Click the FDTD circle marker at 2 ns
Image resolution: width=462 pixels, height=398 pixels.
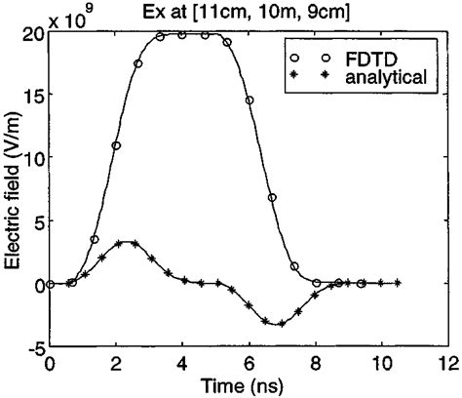[116, 145]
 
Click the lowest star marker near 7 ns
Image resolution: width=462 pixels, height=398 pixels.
[283, 323]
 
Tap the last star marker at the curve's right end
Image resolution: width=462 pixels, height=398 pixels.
[398, 283]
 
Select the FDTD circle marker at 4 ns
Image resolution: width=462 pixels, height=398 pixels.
[182, 34]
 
